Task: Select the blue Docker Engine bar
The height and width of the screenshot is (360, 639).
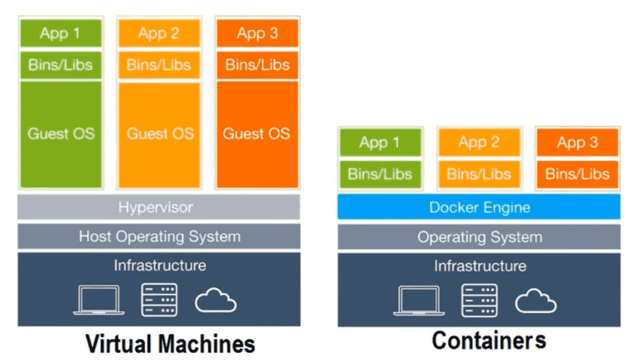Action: tap(479, 207)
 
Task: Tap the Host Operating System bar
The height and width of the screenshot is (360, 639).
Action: tap(158, 237)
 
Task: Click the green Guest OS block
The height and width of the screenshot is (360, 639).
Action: tap(61, 134)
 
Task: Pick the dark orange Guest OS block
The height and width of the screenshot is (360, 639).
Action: tap(256, 134)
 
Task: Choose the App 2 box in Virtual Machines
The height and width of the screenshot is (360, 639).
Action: tap(158, 33)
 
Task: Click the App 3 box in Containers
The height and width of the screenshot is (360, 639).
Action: tap(577, 143)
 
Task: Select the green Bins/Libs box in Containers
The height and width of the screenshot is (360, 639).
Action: tap(380, 174)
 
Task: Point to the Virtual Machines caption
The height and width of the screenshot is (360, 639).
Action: tap(171, 343)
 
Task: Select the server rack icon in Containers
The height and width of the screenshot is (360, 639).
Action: tap(479, 300)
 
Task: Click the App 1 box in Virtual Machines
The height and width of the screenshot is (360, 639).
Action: tap(61, 33)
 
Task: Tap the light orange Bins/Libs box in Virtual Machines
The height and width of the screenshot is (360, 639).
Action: tap(158, 65)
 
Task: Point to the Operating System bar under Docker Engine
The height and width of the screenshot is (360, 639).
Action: tap(479, 237)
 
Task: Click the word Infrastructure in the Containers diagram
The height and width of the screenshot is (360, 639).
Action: tap(480, 266)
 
